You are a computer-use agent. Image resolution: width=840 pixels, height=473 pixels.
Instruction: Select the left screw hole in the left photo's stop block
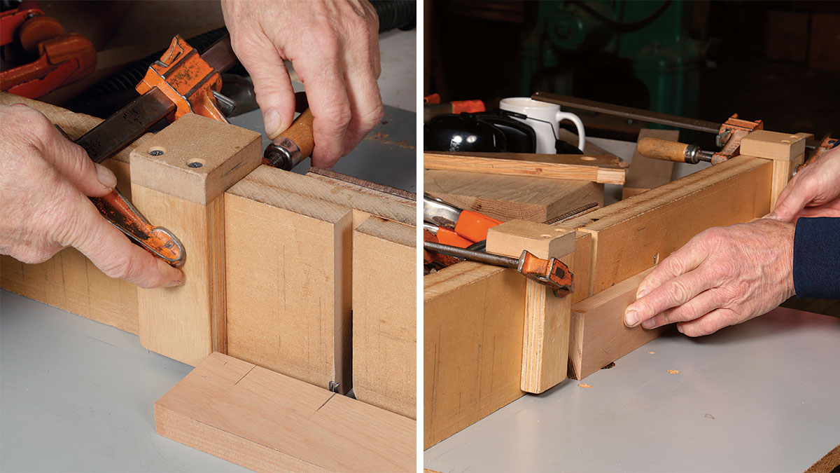[156, 152]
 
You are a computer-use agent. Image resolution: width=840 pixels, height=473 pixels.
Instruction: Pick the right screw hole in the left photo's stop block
[193, 164]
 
